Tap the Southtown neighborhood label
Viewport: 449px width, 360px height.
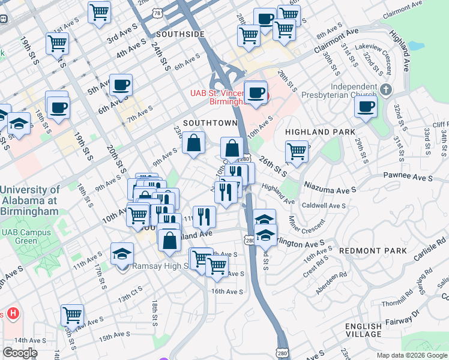click(210, 123)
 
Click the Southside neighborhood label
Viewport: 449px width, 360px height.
click(180, 34)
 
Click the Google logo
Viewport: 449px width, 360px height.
click(20, 353)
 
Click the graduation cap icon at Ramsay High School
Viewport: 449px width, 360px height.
click(122, 254)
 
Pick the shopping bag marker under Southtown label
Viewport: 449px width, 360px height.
click(194, 143)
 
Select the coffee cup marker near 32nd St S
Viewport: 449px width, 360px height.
click(366, 106)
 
